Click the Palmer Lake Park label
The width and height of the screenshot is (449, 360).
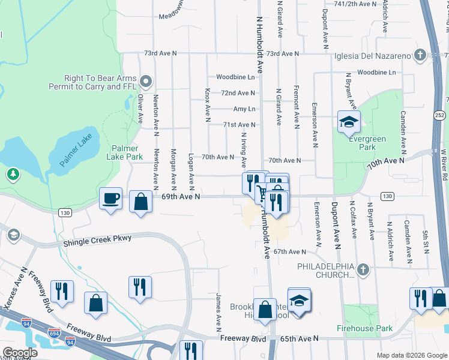[124, 152]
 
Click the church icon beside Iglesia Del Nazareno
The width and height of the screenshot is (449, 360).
[420, 56]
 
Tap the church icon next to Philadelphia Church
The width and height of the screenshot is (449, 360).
[363, 271]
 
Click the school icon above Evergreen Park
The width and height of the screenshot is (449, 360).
[348, 122]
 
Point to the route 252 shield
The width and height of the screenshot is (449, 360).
[439, 115]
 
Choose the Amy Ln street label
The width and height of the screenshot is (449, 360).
[244, 109]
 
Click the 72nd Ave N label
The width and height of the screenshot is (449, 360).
[238, 93]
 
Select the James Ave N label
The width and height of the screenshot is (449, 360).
[218, 306]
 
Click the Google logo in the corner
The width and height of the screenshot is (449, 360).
[20, 353]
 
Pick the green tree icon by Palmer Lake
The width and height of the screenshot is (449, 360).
[13, 174]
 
